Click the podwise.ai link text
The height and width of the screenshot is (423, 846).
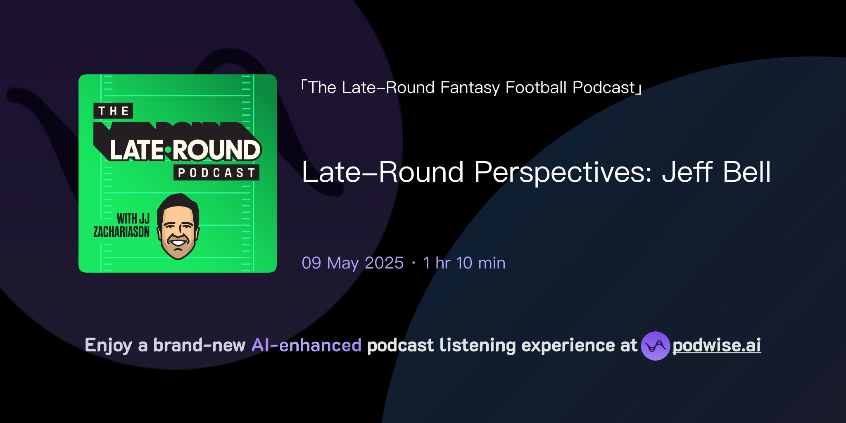coord(717,346)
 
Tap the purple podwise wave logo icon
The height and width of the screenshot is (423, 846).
coord(655,346)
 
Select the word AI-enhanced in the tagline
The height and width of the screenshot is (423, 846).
coord(307,345)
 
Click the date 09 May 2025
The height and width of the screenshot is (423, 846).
coord(352,263)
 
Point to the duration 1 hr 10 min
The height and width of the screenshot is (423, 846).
coord(464,263)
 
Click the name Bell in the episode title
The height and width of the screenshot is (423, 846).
coord(747,172)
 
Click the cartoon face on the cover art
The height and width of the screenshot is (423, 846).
coord(178,227)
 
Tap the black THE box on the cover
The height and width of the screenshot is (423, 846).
coord(113,111)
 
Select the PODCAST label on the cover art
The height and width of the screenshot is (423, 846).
coord(216,173)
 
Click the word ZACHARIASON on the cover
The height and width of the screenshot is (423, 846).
coord(121,232)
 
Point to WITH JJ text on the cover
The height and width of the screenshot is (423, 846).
coord(133,219)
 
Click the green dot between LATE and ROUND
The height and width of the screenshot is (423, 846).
coord(168,150)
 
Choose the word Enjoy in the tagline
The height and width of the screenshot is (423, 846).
coord(109,346)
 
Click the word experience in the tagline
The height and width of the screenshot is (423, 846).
coord(568,346)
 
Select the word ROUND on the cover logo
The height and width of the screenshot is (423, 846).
coord(216,150)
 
